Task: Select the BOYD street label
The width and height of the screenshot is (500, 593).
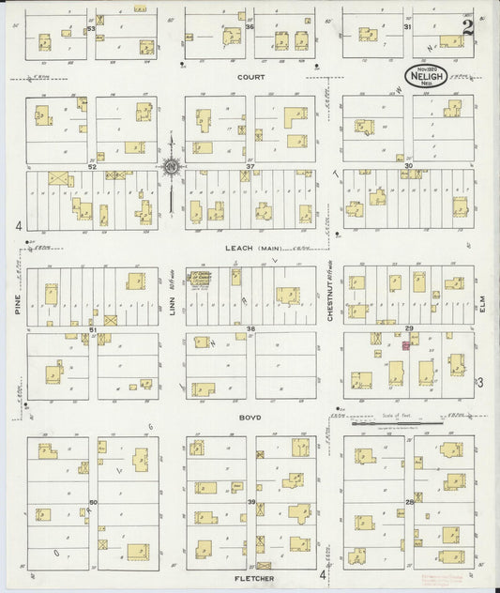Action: [250, 418]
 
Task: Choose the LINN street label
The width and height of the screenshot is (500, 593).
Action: [173, 306]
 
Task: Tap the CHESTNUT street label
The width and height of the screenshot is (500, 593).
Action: [332, 304]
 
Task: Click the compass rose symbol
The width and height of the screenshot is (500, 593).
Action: [172, 168]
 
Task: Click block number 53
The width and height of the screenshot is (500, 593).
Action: [92, 28]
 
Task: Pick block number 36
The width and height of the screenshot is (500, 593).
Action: [250, 27]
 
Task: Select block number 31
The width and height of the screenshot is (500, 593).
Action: [407, 27]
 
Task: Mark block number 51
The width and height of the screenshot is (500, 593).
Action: [93, 329]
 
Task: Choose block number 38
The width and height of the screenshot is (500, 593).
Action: [250, 328]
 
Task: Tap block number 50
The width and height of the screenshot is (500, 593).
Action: [93, 502]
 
